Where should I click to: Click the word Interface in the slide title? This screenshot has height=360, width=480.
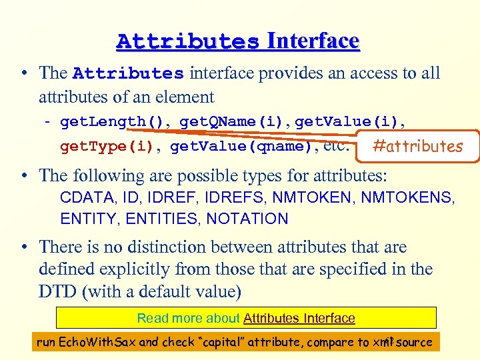point(313,41)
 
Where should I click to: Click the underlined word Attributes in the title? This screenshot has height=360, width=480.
point(187,41)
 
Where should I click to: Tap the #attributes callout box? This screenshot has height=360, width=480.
point(418,146)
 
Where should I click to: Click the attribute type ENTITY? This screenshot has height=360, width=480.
point(84,219)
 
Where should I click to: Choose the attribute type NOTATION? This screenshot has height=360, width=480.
point(247,219)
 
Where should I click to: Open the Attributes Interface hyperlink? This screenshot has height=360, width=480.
point(299,319)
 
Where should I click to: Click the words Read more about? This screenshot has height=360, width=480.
point(189,319)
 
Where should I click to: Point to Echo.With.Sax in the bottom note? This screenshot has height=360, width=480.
point(97,343)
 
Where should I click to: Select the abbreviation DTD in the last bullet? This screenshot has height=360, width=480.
point(57,292)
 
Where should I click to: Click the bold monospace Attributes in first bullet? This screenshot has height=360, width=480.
point(128,73)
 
